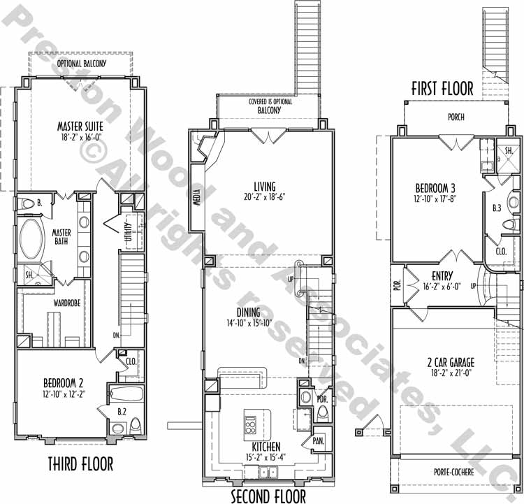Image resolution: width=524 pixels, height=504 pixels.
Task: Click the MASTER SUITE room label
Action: click(80, 127)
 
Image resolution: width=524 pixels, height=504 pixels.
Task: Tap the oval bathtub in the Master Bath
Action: click(31, 239)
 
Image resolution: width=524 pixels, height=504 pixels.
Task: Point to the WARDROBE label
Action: click(67, 303)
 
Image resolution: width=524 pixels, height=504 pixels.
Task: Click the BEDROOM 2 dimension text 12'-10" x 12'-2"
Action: click(64, 394)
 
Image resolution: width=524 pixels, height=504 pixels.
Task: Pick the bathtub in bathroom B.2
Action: click(126, 394)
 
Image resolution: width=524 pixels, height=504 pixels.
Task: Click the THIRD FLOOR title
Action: click(80, 464)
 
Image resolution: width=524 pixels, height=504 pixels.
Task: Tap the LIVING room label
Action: click(265, 187)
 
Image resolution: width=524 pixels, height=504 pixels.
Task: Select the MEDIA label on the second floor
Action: click(197, 197)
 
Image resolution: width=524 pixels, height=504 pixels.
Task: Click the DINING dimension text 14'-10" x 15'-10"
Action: click(249, 323)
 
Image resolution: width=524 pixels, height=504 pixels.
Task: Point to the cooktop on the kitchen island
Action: click(251, 425)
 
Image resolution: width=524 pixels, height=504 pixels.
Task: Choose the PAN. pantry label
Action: click(319, 441)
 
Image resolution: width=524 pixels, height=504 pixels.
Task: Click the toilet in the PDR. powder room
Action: click(323, 415)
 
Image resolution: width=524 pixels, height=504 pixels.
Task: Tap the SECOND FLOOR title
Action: click(268, 496)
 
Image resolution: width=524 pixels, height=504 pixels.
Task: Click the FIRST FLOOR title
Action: click(442, 89)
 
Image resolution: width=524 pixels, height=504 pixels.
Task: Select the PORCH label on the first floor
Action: click(456, 117)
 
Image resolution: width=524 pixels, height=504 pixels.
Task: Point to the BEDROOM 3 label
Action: click(435, 188)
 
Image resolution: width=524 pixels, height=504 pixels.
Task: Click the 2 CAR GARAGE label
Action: click(451, 362)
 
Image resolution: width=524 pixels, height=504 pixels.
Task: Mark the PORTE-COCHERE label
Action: click(454, 472)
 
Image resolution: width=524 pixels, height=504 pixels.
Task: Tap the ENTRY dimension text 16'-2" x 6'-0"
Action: click(442, 287)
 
